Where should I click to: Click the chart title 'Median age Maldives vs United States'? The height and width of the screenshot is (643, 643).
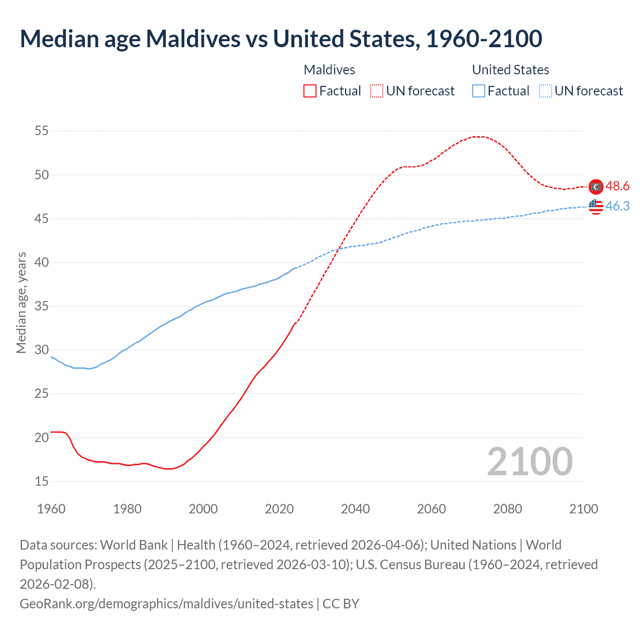(280, 39)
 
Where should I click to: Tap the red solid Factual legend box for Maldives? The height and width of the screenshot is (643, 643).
(310, 91)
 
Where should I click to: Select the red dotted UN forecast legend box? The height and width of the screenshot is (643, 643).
(377, 91)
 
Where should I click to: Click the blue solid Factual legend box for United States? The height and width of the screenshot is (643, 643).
(479, 91)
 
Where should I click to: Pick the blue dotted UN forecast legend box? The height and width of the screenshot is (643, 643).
(545, 91)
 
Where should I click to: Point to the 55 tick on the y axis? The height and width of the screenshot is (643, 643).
(42, 131)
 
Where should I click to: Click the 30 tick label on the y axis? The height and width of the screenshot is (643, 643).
(42, 350)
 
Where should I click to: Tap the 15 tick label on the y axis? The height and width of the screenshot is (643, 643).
(42, 481)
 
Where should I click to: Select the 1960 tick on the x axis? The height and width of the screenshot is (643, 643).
(51, 509)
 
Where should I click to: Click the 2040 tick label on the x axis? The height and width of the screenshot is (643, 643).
(355, 509)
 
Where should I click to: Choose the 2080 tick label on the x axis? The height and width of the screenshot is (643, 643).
(507, 509)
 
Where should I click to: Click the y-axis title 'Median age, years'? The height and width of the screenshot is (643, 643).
(21, 303)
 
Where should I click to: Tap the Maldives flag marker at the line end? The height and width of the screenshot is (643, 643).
(596, 186)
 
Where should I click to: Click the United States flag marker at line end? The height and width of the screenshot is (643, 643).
(596, 206)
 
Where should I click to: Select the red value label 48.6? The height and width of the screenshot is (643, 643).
(617, 186)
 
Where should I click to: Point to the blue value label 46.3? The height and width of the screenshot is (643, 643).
(617, 206)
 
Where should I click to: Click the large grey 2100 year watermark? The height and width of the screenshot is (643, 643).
(529, 462)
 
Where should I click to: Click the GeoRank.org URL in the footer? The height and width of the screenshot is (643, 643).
(166, 603)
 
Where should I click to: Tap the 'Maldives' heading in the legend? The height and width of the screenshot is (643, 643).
(329, 70)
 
